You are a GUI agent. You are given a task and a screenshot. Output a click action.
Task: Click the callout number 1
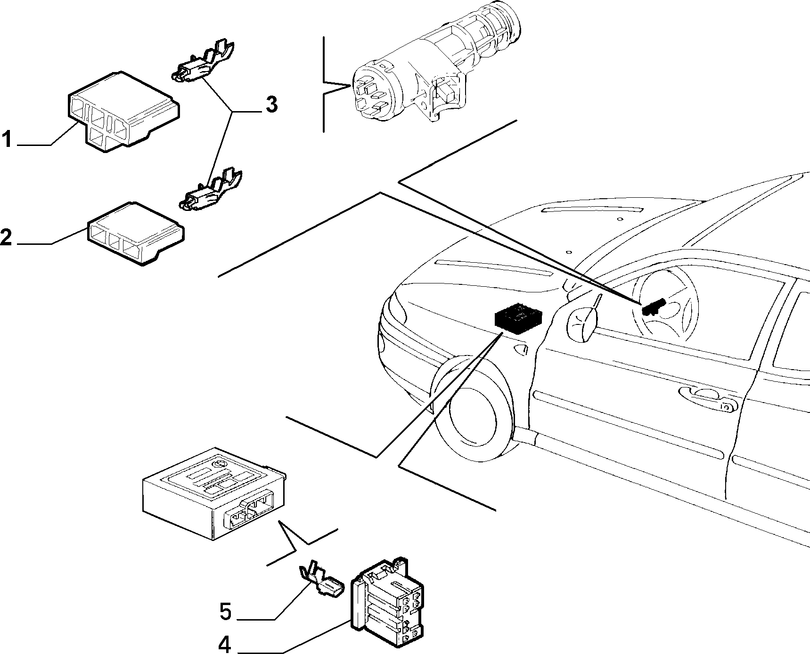7,140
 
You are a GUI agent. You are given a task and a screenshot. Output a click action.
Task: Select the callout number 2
6,237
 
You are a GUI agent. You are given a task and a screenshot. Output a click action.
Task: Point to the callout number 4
226,644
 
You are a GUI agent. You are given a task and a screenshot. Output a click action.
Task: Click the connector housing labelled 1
123,112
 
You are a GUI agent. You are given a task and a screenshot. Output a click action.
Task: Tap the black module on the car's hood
517,317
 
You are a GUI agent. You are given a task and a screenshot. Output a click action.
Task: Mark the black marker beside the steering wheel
653,307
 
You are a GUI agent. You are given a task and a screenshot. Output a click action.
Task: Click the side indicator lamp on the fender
521,349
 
